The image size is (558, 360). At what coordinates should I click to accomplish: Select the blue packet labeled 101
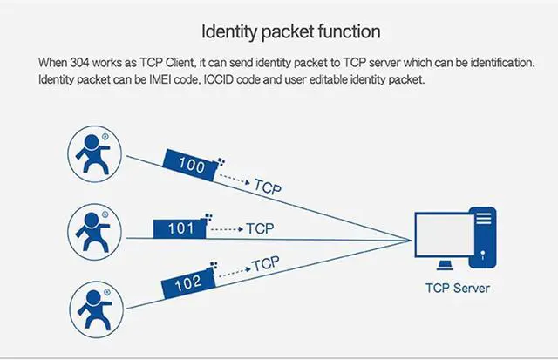[179, 229]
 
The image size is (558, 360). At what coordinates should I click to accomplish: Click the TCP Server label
[458, 288]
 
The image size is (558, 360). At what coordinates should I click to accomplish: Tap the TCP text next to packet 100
[268, 186]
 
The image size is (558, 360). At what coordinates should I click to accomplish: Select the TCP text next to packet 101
[260, 228]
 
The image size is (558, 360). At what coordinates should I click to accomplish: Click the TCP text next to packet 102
[265, 262]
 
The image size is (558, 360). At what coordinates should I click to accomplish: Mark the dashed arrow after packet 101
[225, 229]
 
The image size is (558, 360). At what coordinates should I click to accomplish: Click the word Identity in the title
[229, 33]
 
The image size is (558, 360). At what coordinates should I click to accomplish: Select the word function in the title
[349, 33]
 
